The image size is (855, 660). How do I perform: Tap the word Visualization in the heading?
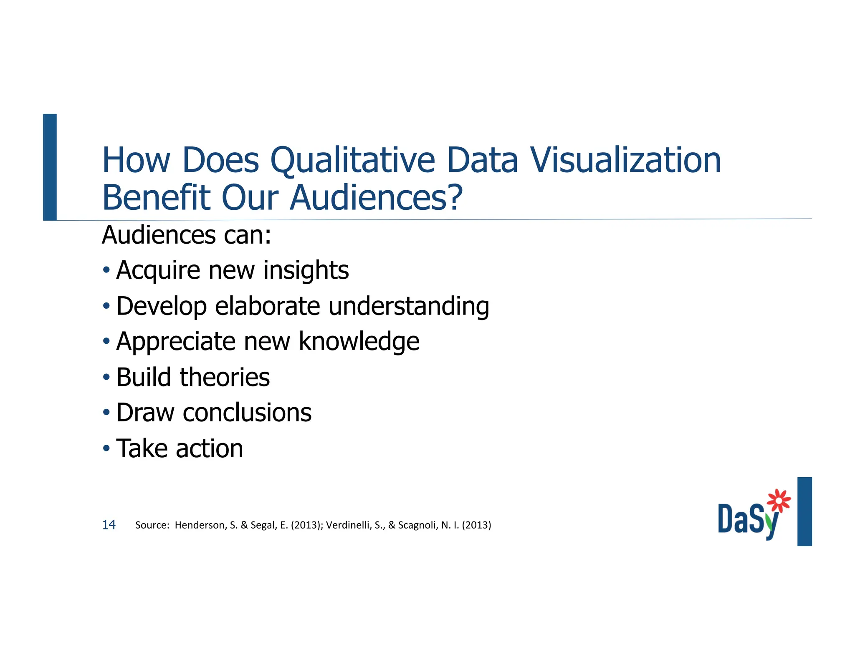[625, 161]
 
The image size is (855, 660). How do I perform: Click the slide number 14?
[109, 525]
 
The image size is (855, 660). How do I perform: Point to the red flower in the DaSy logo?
[778, 500]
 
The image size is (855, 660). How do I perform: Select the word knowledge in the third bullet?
[359, 342]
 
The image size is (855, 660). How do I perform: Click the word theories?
[225, 377]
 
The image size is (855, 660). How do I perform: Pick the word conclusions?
[247, 413]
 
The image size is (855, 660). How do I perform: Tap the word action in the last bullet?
[209, 448]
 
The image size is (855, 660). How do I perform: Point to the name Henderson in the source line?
[200, 525]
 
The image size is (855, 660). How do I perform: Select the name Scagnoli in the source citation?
[417, 525]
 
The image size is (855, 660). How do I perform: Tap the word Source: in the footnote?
[152, 525]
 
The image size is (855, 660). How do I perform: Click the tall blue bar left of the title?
[50, 167]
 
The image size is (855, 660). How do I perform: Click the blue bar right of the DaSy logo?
[804, 511]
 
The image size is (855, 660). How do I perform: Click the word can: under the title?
[248, 235]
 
